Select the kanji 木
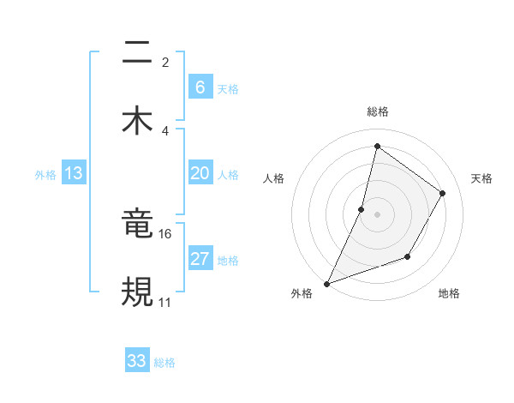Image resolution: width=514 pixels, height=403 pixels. coord(137,120)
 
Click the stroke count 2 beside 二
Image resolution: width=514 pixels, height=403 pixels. coord(165,62)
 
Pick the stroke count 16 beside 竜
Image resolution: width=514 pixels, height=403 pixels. coord(165,233)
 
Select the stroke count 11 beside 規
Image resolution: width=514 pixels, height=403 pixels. coord(165,302)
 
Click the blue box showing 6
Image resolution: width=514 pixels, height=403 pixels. coord(200,87)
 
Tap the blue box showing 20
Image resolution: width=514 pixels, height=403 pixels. coord(200,173)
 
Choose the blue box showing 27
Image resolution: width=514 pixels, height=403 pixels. coord(200,259)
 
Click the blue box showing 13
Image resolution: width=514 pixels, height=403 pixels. coord(74,173)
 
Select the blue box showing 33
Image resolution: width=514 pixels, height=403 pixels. coord(137,361)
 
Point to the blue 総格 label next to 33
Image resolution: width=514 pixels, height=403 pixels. coord(164,363)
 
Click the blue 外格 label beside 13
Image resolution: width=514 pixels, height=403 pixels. coord(45,175)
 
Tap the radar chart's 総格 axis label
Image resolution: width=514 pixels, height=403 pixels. coord(377,111)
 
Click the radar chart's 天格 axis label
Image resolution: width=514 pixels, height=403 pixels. coord(481,178)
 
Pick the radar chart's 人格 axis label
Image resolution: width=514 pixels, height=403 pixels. coord(273,178)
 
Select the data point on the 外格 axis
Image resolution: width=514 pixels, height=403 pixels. coord(326,283)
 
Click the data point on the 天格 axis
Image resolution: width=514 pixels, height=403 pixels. coord(443,193)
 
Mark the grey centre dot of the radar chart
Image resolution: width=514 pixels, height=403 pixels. coord(377,214)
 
